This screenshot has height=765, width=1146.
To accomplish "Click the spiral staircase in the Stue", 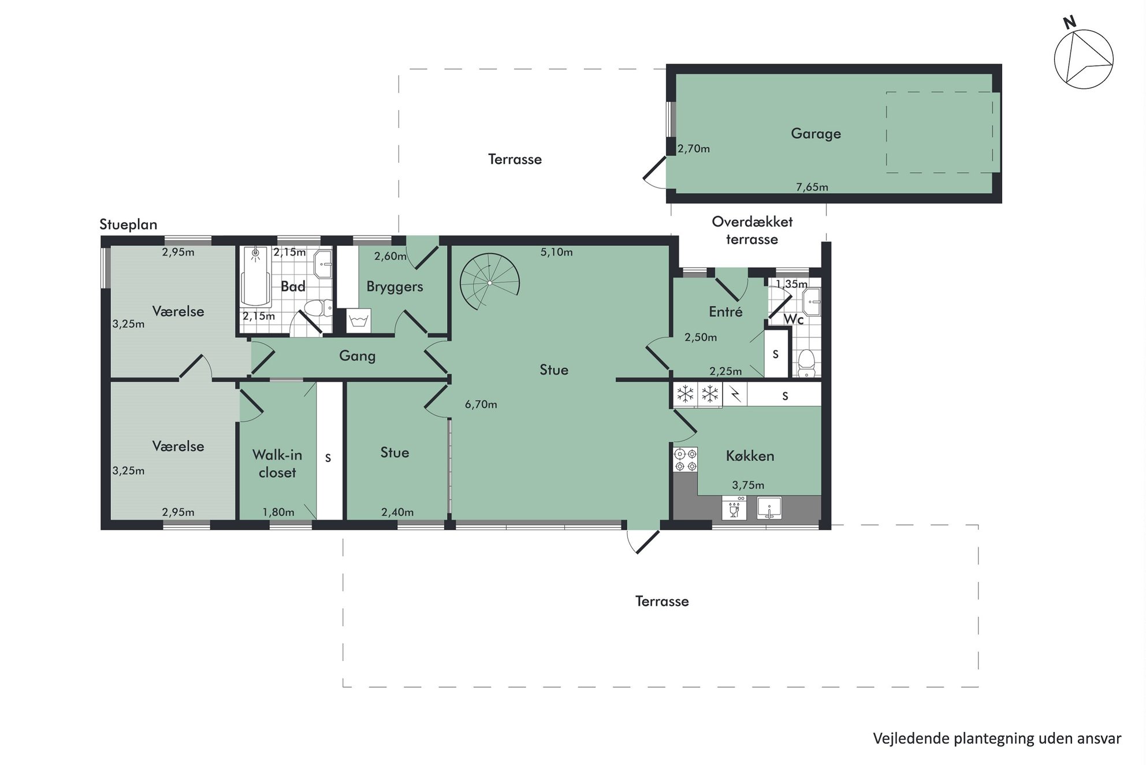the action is click(489, 283).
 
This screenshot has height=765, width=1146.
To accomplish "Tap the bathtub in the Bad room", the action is click(255, 276).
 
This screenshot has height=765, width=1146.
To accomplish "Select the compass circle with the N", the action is click(1084, 59).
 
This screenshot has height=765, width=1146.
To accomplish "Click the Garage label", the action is click(816, 134).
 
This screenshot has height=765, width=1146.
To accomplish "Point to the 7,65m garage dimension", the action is click(812, 187).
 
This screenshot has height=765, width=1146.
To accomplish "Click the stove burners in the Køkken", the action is click(686, 460).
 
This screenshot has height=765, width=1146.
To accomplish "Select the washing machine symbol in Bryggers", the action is click(359, 320).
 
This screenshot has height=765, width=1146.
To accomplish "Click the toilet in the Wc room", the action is click(806, 362).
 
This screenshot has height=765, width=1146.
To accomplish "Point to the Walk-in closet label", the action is click(277, 464).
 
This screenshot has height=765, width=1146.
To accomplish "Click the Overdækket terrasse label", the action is click(752, 230).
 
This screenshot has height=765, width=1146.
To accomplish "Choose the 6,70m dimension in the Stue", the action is click(481, 404).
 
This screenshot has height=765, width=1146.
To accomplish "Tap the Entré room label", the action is click(725, 312).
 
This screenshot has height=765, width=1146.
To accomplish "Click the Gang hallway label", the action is click(357, 356).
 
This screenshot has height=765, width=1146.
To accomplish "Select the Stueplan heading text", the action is click(128, 224).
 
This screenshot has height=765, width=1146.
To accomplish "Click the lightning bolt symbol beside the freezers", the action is click(735, 394).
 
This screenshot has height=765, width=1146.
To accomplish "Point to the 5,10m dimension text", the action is click(557, 252).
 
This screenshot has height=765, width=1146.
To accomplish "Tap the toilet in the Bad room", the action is click(316, 308).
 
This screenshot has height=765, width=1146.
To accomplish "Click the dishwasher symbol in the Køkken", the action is click(734, 509).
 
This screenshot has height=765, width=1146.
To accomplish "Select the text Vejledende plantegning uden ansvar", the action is click(997, 738).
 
